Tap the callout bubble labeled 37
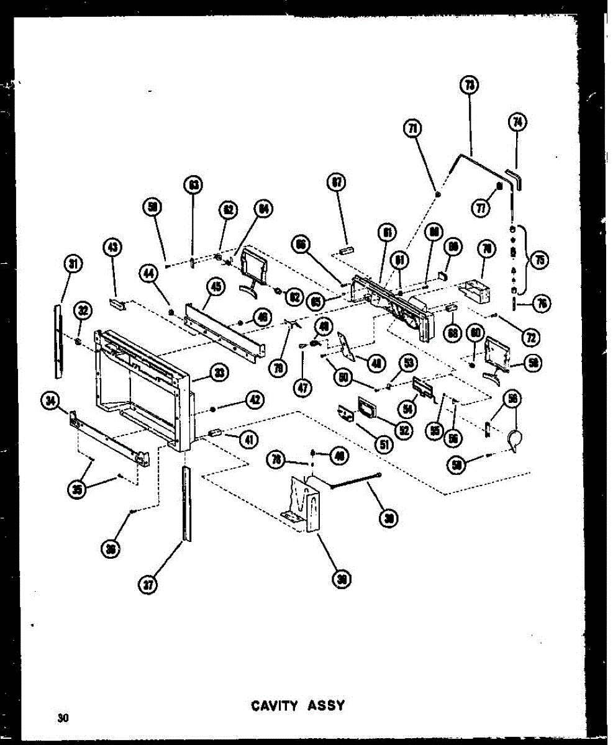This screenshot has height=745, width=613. pyautogui.click(x=147, y=585)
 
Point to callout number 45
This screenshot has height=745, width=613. pyautogui.click(x=215, y=286)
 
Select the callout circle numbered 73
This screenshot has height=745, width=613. pyautogui.click(x=469, y=85)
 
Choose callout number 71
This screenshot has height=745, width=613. pyautogui.click(x=413, y=128)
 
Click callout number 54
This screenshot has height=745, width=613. pyautogui.click(x=425, y=407)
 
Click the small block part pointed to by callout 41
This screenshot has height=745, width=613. pyautogui.click(x=215, y=433)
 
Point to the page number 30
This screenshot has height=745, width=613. pyautogui.click(x=62, y=718)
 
